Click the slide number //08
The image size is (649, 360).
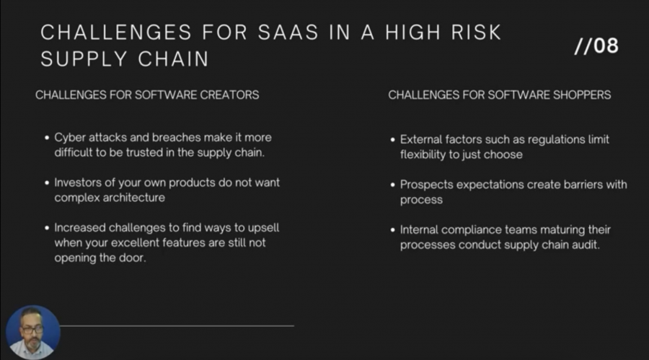coord(596,45)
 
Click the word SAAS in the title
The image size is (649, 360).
coord(288,32)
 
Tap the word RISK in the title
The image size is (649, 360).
coord(476,32)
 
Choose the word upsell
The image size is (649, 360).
coord(262,228)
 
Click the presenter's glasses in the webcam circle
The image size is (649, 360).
coord(32,330)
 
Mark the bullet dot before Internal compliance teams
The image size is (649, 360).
coord(393,230)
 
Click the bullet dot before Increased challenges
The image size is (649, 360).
coord(47,228)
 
